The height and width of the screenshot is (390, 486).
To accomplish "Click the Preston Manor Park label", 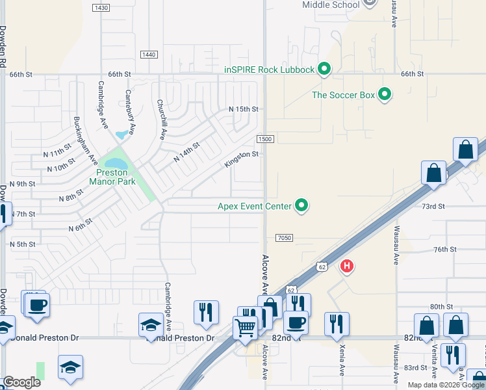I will (116, 177).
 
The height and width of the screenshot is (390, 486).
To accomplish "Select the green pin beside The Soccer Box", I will (385, 95).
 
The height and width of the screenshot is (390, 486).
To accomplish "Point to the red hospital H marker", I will (347, 266).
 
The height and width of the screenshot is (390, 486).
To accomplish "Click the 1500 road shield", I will (264, 139).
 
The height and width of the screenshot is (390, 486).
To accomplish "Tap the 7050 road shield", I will (285, 238).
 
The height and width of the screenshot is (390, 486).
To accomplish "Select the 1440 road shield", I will (148, 55).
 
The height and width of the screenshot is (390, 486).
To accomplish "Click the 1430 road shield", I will (101, 8).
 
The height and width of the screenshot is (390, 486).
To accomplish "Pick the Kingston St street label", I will (241, 159).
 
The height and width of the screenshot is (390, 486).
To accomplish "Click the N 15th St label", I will (244, 109).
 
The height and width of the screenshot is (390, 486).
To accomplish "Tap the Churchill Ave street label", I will (162, 120).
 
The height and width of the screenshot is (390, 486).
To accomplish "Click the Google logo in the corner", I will (22, 382).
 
